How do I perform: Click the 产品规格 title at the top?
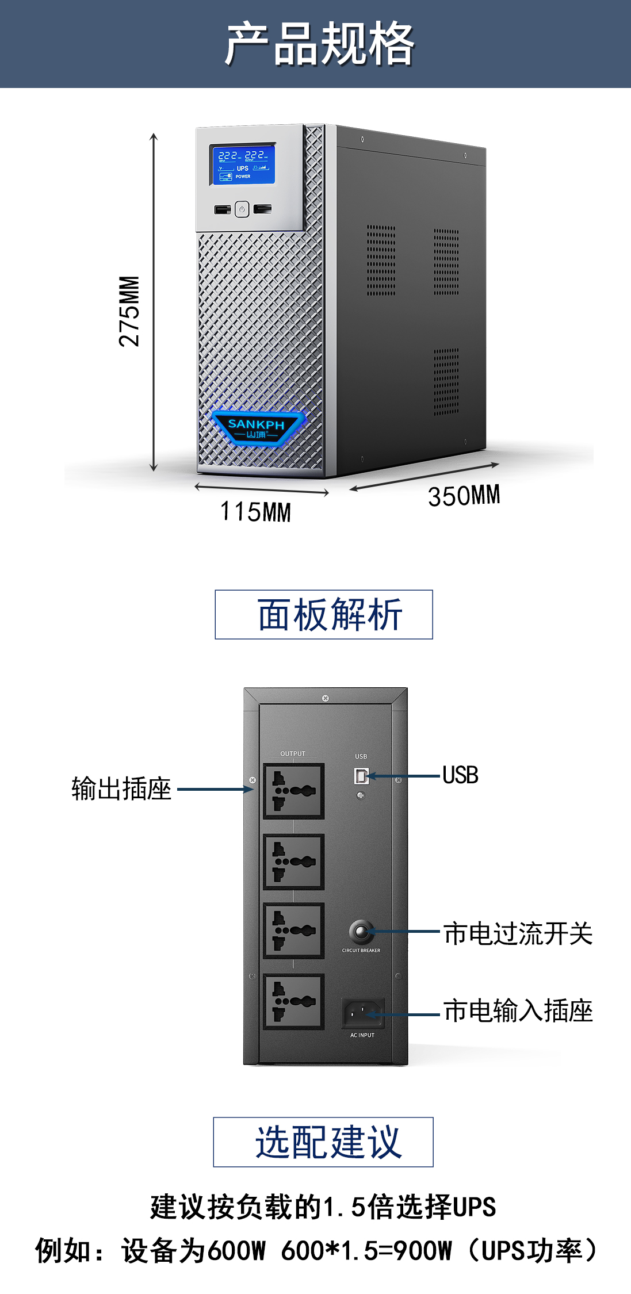click(319, 44)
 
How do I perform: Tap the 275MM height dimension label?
click(129, 311)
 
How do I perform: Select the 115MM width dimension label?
click(255, 511)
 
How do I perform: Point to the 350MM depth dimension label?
click(464, 496)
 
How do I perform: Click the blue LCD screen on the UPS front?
click(242, 164)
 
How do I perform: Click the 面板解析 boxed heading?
click(324, 614)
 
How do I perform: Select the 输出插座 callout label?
click(121, 788)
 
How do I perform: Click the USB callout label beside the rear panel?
click(460, 775)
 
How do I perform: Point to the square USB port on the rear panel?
click(361, 776)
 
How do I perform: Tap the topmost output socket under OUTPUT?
click(293, 791)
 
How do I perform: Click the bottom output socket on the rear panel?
click(293, 1001)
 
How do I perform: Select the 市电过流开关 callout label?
click(518, 933)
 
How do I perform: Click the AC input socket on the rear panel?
click(362, 1012)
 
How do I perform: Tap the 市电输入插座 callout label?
click(518, 1010)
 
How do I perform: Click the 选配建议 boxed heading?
click(323, 1142)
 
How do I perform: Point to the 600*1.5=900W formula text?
click(366, 1250)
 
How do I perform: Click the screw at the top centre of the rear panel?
click(326, 698)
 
